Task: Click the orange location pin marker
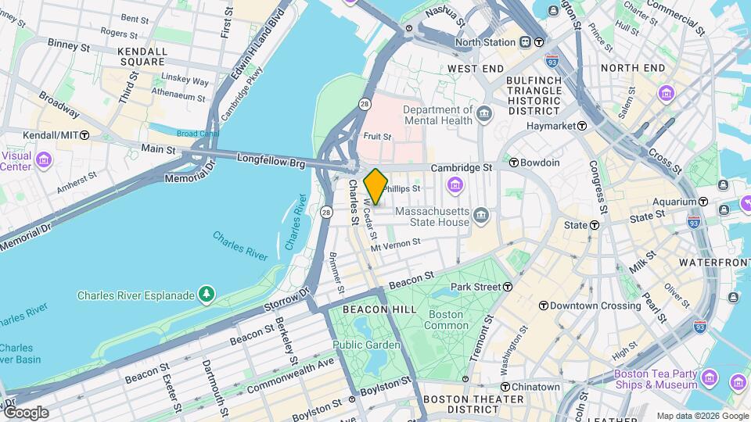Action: tap(375, 187)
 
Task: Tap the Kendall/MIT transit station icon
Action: tap(84, 135)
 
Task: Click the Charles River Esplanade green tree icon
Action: tap(206, 295)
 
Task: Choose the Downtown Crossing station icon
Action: tap(543, 305)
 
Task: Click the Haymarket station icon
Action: tap(582, 126)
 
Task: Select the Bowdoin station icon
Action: tap(514, 163)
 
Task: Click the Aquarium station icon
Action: tap(703, 201)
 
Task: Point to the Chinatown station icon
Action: tap(505, 387)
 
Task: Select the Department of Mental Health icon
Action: tap(484, 114)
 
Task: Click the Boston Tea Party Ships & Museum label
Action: tap(656, 379)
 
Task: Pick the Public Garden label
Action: tap(366, 345)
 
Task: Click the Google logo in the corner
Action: tap(25, 412)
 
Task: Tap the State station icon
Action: tap(594, 225)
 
